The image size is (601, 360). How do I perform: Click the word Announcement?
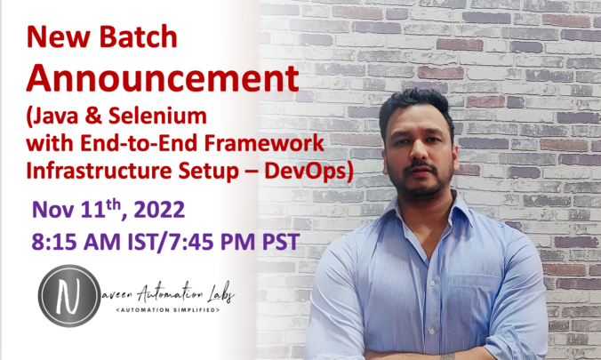click(x=162, y=79)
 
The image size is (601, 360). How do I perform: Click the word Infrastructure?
click(x=99, y=171)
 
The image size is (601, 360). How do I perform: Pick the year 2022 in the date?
click(x=159, y=210)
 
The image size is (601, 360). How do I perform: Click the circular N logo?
click(x=69, y=296)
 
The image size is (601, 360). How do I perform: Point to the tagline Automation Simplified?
click(x=167, y=309)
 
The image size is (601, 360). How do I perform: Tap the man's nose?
click(x=419, y=152)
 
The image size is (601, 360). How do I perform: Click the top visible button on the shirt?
click(x=432, y=284)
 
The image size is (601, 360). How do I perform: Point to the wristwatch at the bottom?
click(x=448, y=356)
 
